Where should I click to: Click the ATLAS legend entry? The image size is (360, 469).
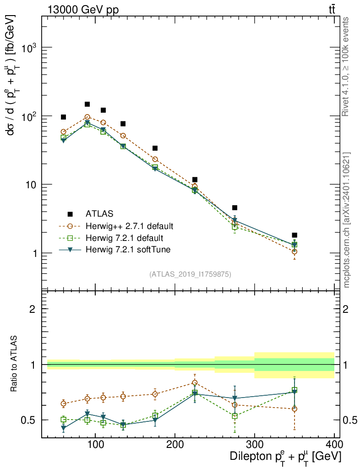coord(98,213)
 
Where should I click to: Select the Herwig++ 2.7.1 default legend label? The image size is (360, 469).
coord(129,226)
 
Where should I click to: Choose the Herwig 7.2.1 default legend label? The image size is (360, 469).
coord(124,238)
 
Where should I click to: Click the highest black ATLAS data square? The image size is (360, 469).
coord(87,104)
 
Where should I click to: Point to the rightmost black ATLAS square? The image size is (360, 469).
coord(295,235)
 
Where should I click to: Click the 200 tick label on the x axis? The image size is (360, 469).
coord(175,444)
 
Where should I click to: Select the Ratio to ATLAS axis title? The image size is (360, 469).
coord(14,365)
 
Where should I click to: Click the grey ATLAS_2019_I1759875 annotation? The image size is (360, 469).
coord(190,274)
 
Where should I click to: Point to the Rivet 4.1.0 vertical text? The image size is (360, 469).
coord(346,67)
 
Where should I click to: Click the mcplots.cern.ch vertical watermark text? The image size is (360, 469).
coord(347,220)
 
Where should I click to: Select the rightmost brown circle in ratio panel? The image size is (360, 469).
coord(295,409)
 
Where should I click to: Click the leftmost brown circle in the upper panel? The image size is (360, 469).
coord(64,132)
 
